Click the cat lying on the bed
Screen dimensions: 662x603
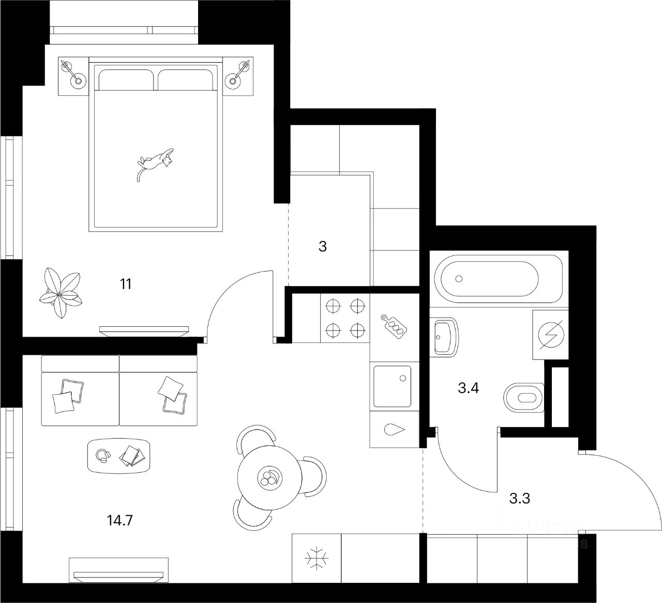pos(155,161)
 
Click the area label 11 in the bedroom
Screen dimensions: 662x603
pos(126,284)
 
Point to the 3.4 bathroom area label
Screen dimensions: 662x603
pos(469,387)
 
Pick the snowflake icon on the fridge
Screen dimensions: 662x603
pos(316,559)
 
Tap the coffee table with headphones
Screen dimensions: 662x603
pos(119,456)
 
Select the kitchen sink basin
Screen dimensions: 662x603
pos(392,387)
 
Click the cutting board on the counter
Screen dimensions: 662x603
pos(394,325)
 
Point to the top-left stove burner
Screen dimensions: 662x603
pos(333,306)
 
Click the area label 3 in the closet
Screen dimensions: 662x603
pos(323,247)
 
